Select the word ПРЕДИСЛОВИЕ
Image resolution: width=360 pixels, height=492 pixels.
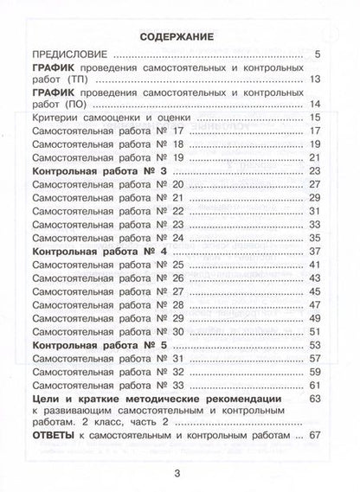67,57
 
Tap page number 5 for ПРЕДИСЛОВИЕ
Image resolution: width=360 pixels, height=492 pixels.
318,57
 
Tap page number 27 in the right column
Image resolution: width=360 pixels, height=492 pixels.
314,187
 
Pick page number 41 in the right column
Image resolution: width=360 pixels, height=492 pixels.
314,264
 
